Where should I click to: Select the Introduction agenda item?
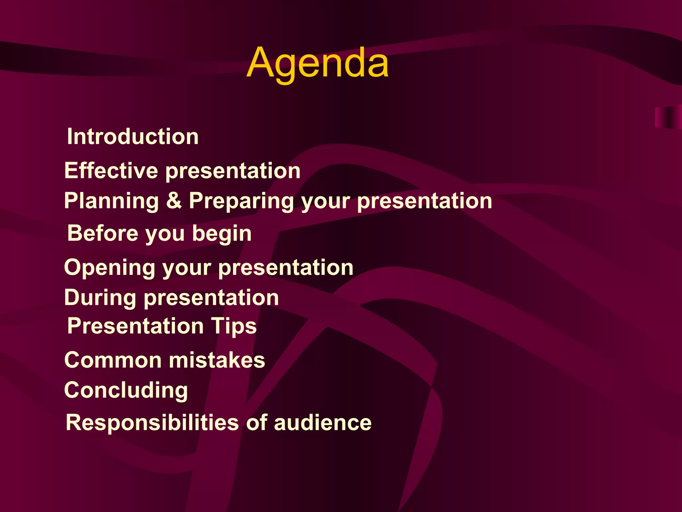(x=133, y=137)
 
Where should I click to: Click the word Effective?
(x=111, y=171)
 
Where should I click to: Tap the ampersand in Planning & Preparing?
(x=174, y=201)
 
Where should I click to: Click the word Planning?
(x=112, y=201)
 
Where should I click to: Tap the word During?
(x=100, y=298)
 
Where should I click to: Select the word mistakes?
(x=217, y=360)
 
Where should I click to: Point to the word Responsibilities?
(x=152, y=423)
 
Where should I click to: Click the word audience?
(x=322, y=423)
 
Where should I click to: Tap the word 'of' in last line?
(x=257, y=423)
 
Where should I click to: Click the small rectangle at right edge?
(x=668, y=117)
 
